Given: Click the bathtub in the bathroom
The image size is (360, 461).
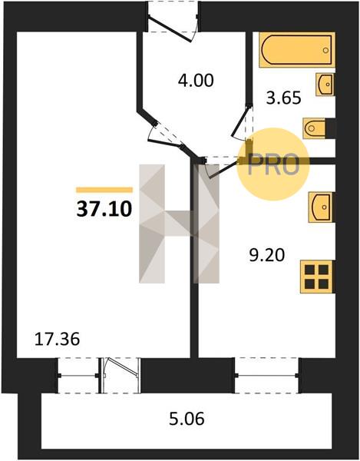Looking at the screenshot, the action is (x=297, y=50).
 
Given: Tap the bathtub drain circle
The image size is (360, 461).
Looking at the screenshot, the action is (x=325, y=50).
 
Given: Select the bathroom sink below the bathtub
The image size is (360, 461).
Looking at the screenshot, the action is (x=325, y=85).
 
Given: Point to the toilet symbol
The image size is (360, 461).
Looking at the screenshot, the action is (x=315, y=128).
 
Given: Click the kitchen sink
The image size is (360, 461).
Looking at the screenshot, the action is (x=322, y=207).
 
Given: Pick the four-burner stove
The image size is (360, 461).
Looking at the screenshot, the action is (x=316, y=277).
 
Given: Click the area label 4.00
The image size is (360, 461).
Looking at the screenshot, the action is (x=196, y=80).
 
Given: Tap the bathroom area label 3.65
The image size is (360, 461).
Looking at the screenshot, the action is (x=284, y=98).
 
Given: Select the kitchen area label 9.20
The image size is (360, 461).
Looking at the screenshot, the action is (x=267, y=255).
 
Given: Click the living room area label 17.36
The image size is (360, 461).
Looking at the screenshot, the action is (x=57, y=339).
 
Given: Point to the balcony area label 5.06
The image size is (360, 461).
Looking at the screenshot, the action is (x=187, y=419).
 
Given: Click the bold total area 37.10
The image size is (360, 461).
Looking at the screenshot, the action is (x=104, y=209).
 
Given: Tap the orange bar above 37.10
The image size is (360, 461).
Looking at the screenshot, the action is (x=104, y=190).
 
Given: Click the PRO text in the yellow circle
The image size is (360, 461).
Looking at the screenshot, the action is (x=273, y=165).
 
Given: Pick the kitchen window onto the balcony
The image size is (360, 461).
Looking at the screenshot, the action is (x=266, y=376).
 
